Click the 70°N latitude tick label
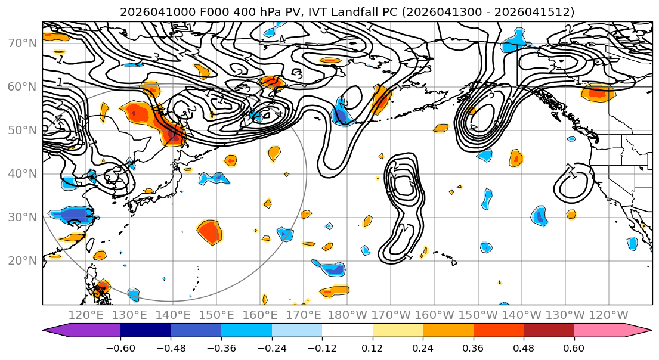coord(21,44)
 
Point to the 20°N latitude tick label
coord(21,261)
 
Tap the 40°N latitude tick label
coord(21,174)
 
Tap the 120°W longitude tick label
coord(609,315)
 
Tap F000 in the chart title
coord(195,12)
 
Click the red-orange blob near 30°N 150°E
coord(209,231)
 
